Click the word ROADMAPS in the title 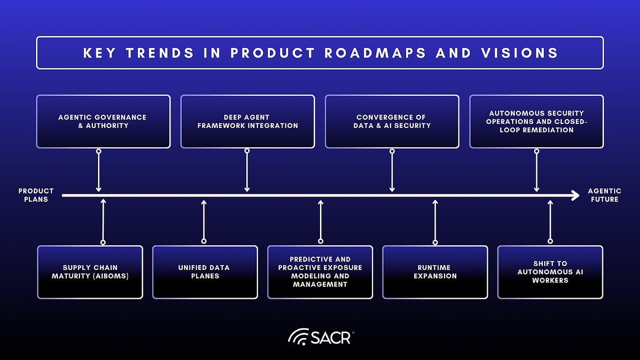[x=375, y=53]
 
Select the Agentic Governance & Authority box [x=103, y=122]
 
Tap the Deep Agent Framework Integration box [x=247, y=122]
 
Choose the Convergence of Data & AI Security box [x=392, y=122]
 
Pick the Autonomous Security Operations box [x=536, y=122]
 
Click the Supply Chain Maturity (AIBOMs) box [x=90, y=272]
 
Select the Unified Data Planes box [x=205, y=272]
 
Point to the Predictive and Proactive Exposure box [x=320, y=272]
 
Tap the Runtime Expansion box [x=435, y=272]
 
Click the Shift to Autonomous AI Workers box [x=550, y=272]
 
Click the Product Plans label [x=36, y=195]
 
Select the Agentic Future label [x=604, y=195]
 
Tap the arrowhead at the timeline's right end [x=575, y=195]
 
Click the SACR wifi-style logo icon [x=298, y=337]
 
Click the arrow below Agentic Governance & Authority [x=98, y=171]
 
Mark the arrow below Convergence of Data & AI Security [x=392, y=171]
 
